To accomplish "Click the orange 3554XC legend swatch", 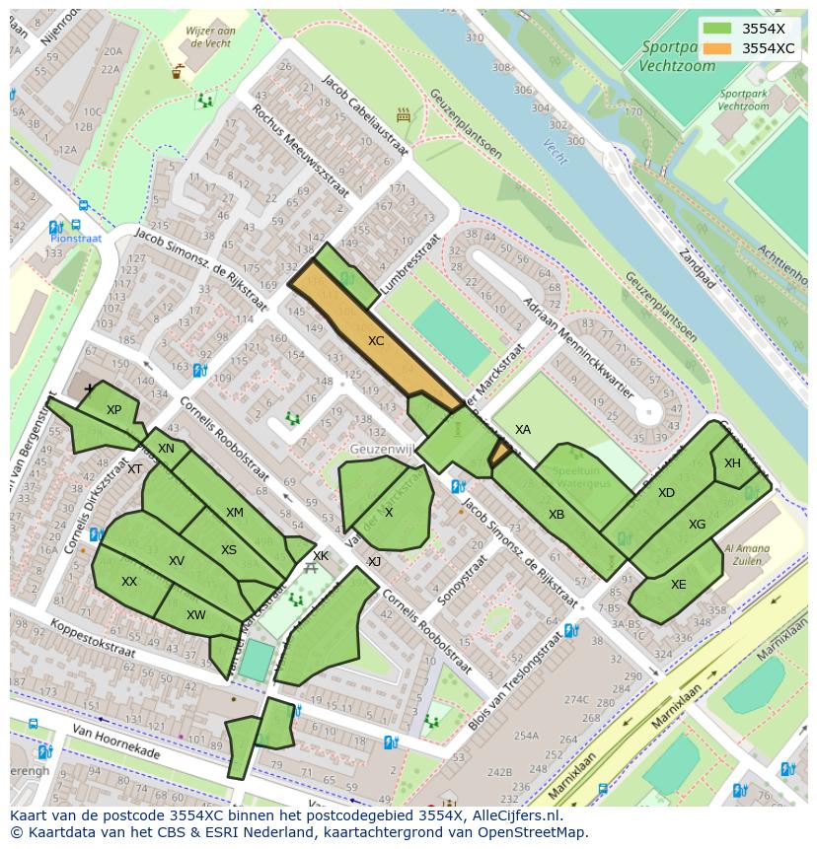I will coord(719,48).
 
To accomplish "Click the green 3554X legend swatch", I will coord(719,29).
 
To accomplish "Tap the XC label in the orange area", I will coord(376,341).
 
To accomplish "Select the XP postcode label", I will coord(113,410).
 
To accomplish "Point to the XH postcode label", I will coord(732,463).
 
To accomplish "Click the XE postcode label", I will coord(678,584).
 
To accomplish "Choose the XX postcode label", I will coord(129,582).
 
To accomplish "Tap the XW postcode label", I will coord(196,615).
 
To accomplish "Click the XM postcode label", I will coord(234,513).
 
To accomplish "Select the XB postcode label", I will coord(557,515).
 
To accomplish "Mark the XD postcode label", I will coord(666,493).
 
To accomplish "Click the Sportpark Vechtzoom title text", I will coord(676,56).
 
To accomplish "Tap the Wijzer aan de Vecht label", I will coord(209,36).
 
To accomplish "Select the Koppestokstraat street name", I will coord(72,636).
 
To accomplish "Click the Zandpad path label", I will coord(696,271).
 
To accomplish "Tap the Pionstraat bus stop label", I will coord(77,238).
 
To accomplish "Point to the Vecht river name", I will coord(556,150).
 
